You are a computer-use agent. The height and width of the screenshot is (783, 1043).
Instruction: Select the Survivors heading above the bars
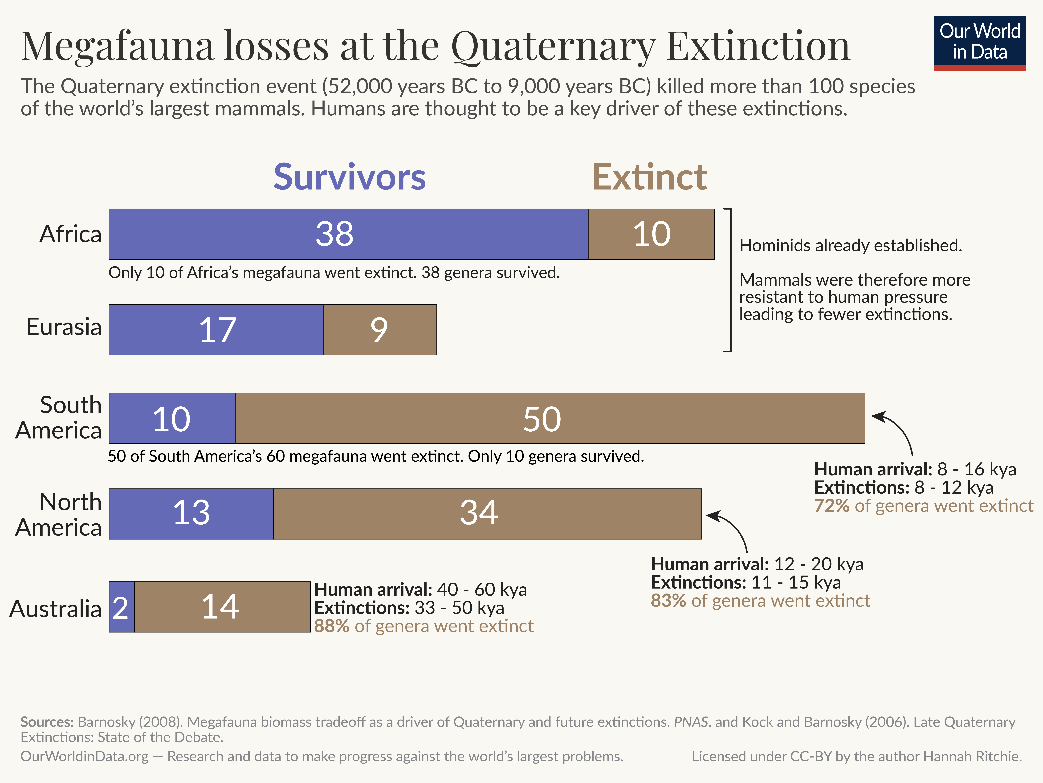click(x=349, y=177)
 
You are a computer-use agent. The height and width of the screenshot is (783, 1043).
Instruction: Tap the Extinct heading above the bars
click(x=649, y=177)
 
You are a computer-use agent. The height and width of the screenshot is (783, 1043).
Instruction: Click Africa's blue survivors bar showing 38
click(x=348, y=234)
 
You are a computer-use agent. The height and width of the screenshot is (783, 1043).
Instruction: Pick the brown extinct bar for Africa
click(x=651, y=234)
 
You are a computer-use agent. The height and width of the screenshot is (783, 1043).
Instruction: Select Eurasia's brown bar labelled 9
click(x=380, y=329)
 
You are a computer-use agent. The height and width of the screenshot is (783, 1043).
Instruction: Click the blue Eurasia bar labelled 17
click(x=216, y=329)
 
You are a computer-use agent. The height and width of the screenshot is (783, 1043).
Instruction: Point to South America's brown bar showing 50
click(x=550, y=418)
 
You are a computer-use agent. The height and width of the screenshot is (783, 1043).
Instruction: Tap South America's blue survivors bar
click(x=172, y=418)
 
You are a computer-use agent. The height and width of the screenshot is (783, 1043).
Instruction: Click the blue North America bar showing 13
click(x=191, y=514)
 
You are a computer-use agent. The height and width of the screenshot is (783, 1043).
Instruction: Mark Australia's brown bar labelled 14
click(x=222, y=607)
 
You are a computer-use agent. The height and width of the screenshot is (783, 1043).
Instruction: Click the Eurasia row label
click(x=64, y=327)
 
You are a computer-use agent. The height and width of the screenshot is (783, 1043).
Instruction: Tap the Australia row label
click(x=56, y=608)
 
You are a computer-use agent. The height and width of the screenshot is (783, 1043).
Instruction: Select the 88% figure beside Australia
click(x=331, y=626)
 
